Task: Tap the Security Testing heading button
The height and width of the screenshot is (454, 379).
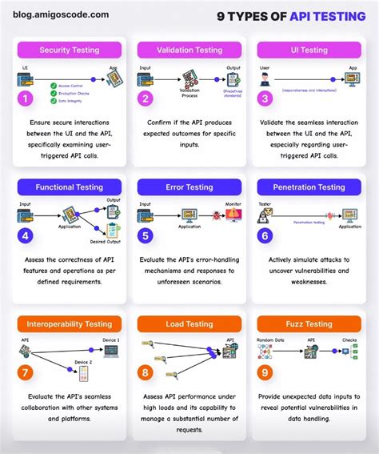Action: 70,50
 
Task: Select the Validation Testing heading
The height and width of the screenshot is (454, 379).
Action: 189,50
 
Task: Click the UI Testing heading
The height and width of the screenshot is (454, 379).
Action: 309,50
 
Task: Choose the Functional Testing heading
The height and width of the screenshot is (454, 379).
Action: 70,187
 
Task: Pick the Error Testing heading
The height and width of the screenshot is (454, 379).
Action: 189,187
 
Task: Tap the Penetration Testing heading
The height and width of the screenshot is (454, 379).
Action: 309,187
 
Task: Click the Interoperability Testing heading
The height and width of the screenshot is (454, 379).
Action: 70,324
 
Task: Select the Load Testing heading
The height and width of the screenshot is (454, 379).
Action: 189,324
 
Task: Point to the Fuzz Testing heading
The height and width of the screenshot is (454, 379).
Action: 309,324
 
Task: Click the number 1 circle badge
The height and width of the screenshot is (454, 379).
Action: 26,99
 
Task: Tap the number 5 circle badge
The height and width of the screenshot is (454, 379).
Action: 146,236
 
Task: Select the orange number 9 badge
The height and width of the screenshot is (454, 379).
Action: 265,373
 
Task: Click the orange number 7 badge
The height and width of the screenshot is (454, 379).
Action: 26,373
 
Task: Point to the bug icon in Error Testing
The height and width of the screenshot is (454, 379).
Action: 214,215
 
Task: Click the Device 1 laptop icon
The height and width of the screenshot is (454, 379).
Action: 111,351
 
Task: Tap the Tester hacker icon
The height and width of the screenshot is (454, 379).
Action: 265,216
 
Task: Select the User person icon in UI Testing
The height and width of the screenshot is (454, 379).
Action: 265,79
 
